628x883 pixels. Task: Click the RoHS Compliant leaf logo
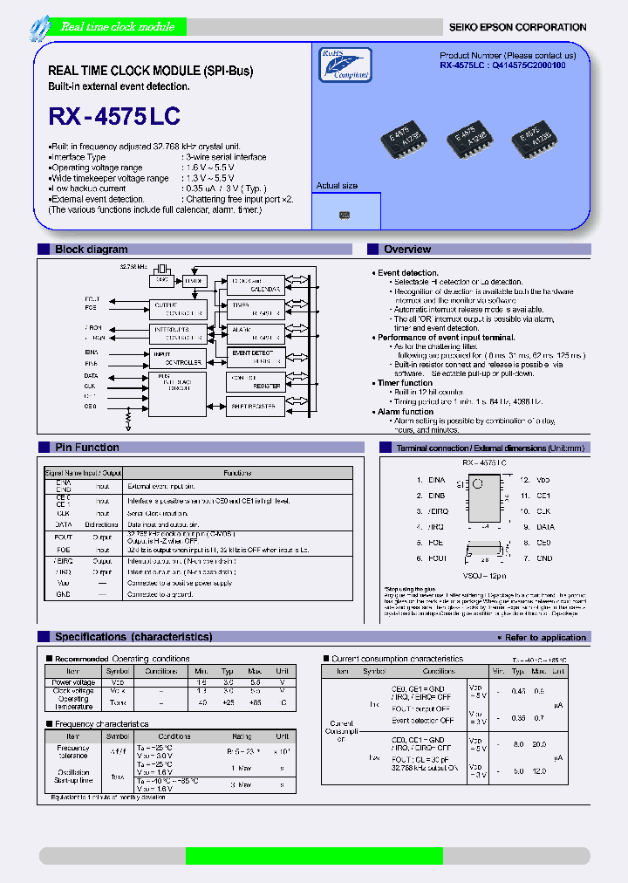(344, 65)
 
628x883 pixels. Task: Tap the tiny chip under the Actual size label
(345, 214)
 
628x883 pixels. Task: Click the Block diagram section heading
(91, 250)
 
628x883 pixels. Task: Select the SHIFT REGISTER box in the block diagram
(254, 406)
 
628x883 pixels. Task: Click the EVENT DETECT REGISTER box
(254, 356)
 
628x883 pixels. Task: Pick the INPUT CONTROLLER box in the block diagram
(177, 358)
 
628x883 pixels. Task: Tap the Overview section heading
(406, 250)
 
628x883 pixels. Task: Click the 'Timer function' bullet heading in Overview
(404, 383)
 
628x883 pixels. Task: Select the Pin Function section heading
(86, 448)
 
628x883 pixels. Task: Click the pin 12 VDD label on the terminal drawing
(543, 480)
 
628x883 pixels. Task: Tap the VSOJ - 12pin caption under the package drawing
(484, 577)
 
